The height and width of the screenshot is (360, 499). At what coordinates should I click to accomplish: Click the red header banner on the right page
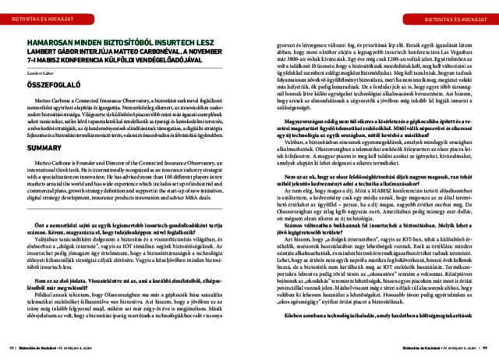451,16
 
